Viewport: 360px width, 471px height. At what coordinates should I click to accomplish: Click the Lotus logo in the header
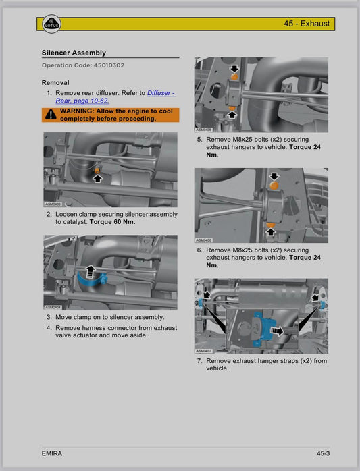point(51,24)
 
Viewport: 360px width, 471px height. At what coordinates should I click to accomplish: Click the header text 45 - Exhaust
point(307,24)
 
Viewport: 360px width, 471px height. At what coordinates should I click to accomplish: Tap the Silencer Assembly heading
point(74,53)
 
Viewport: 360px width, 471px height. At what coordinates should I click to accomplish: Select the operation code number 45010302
point(109,65)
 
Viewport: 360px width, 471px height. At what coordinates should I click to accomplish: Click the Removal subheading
point(55,82)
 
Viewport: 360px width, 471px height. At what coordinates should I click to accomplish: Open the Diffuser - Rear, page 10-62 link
point(115,96)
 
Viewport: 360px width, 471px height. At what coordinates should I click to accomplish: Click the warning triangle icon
point(51,115)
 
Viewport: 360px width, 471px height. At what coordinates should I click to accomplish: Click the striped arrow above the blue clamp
point(90,271)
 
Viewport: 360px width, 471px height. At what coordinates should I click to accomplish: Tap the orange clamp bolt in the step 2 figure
point(97,170)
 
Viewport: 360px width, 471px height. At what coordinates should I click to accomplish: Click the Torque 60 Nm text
point(113,222)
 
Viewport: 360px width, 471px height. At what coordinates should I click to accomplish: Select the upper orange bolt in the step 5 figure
point(234,77)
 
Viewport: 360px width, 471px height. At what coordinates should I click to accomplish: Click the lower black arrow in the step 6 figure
point(271,231)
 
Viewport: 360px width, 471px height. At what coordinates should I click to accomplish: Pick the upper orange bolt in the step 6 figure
point(274,185)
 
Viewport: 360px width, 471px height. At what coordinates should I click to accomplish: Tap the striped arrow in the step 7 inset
point(277,331)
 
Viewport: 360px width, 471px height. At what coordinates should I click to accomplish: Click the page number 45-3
point(323,453)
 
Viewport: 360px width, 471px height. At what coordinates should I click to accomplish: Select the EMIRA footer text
point(52,453)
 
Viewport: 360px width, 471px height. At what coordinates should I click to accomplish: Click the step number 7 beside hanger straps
point(199,361)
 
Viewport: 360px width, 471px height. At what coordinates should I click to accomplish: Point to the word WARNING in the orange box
point(76,111)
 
